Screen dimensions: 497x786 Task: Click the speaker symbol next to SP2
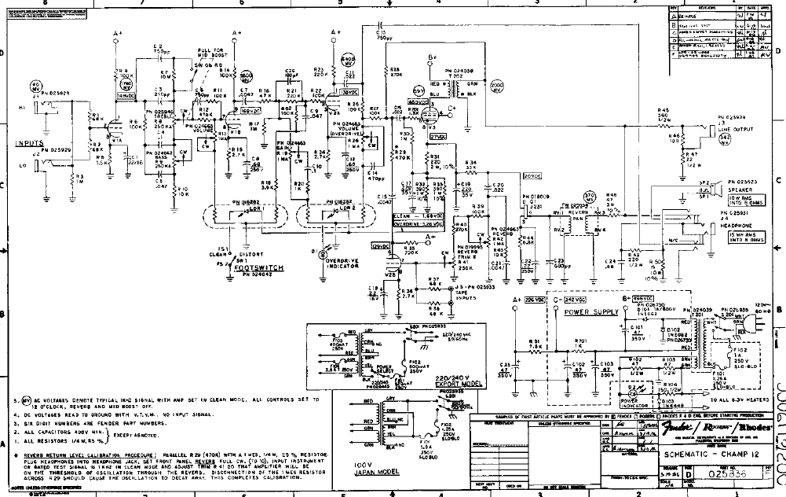pos(716,187)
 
